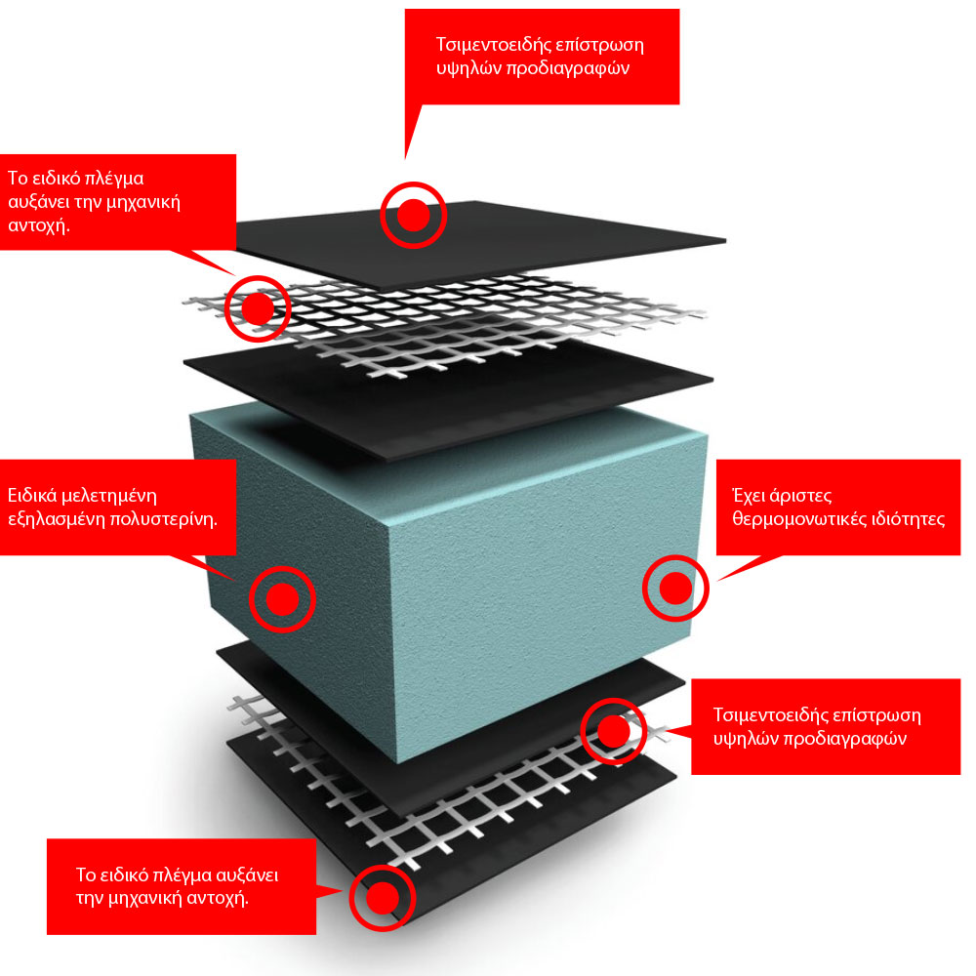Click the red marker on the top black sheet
pyautogui.click(x=413, y=215)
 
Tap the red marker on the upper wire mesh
pyautogui.click(x=258, y=308)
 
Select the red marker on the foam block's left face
pyautogui.click(x=282, y=598)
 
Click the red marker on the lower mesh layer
pyautogui.click(x=613, y=730)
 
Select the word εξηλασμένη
pyautogui.click(x=52, y=518)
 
